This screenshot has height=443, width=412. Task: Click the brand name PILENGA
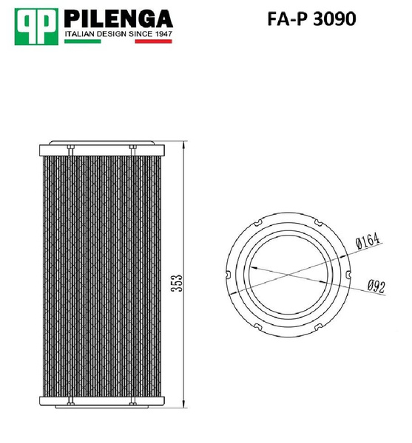click(x=118, y=18)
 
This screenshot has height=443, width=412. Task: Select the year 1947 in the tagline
click(x=161, y=33)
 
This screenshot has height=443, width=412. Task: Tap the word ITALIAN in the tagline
click(x=81, y=33)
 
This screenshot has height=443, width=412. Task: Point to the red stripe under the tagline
click(x=154, y=42)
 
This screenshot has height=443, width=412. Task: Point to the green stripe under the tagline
click(x=82, y=42)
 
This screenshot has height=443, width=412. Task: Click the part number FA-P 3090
click(x=311, y=18)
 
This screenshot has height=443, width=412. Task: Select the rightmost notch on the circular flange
click(x=346, y=276)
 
